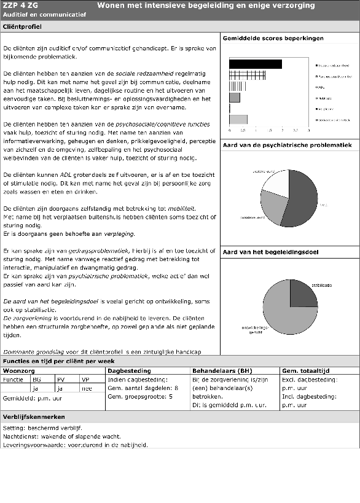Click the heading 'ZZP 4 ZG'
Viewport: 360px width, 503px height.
tap(17, 6)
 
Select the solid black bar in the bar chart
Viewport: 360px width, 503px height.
tap(255, 64)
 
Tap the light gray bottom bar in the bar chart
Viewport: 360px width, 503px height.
tap(238, 119)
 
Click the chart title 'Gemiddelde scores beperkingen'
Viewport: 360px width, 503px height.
tap(273, 38)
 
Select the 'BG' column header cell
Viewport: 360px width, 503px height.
tap(37, 380)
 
